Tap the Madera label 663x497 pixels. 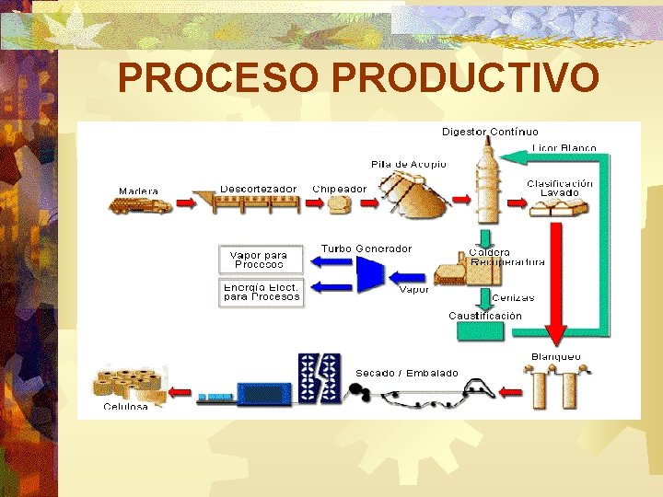(138, 191)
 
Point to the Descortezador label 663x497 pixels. (258, 189)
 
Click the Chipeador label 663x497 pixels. (339, 189)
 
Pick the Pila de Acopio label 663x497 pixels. (408, 164)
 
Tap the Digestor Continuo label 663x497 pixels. (490, 132)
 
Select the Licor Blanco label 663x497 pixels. (564, 147)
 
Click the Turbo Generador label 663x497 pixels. (366, 248)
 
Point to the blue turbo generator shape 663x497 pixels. (370, 273)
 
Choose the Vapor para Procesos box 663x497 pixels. (260, 260)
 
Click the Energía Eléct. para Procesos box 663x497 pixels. (262, 293)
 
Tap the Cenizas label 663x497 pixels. (513, 297)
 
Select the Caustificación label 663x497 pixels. (485, 316)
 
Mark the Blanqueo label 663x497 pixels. (556, 356)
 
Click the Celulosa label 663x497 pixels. (126, 406)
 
